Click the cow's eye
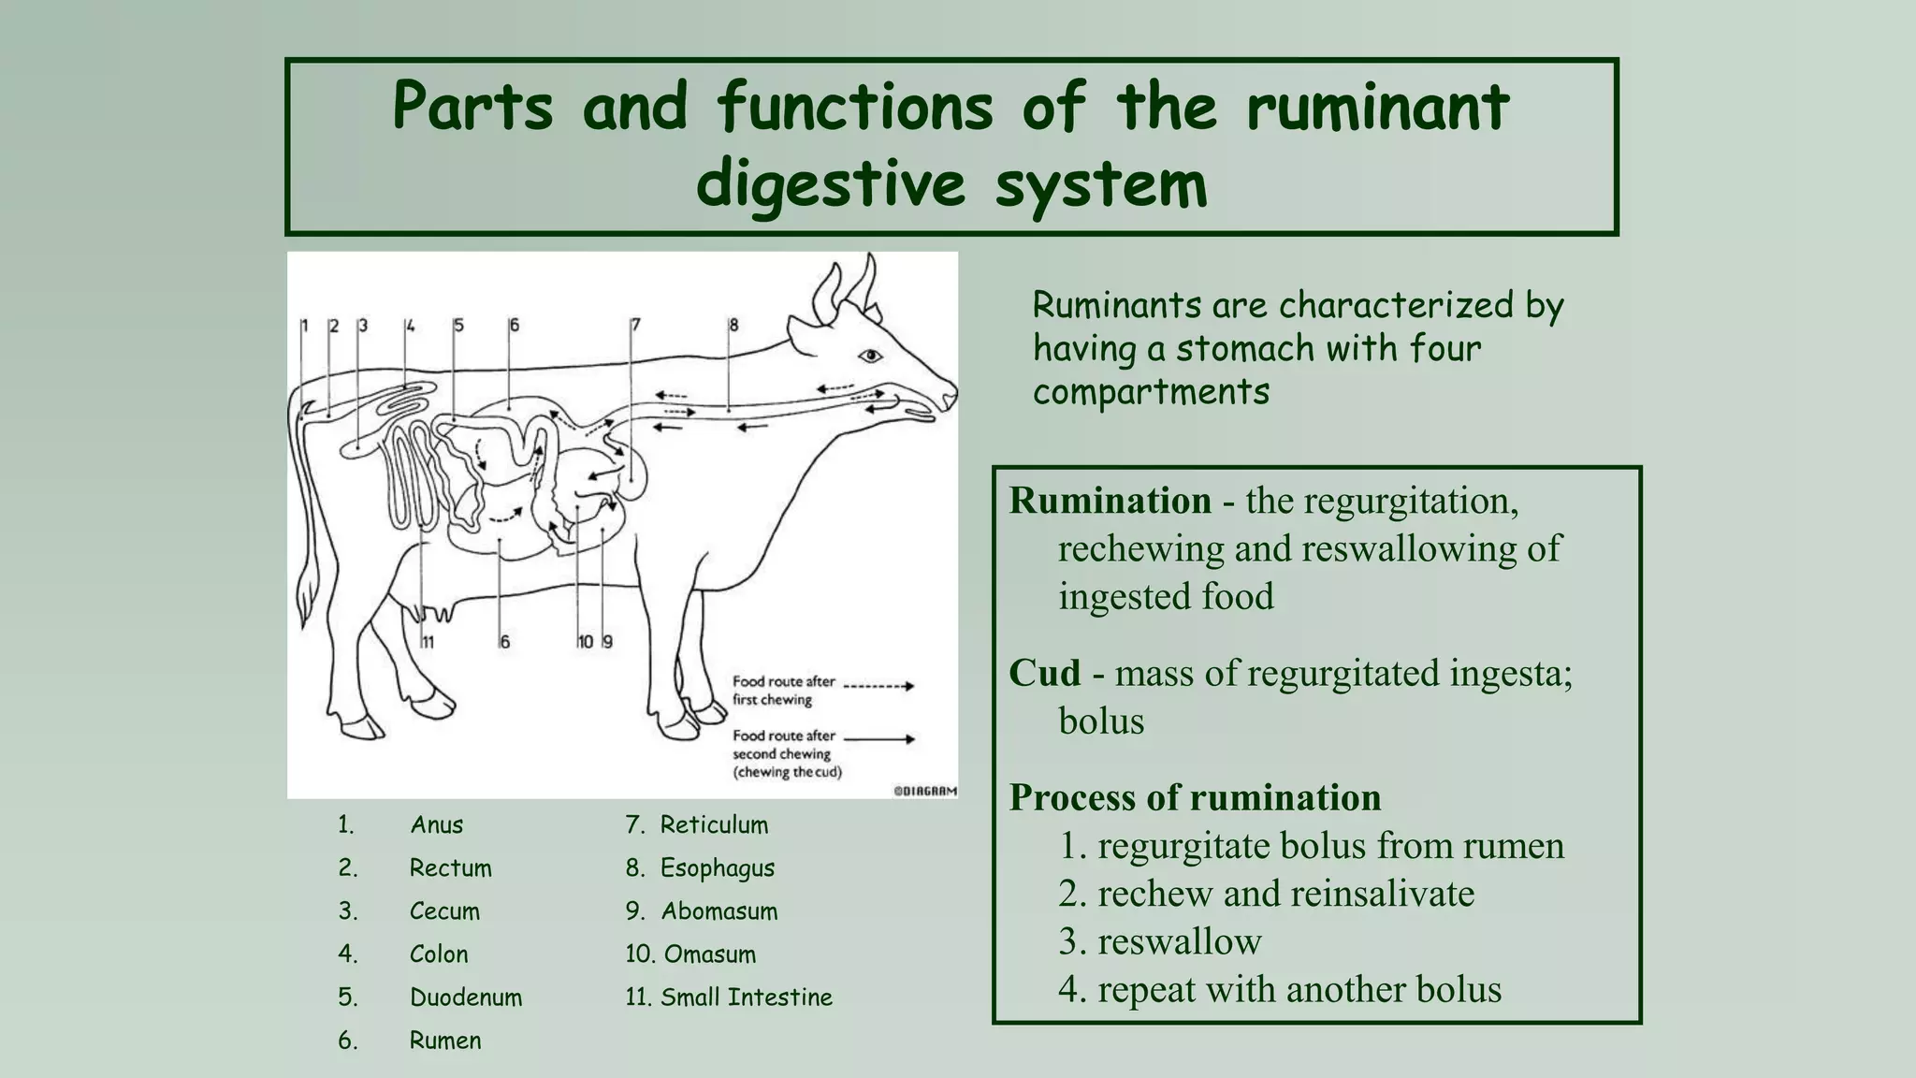pos(870,356)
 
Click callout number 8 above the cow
pos(733,325)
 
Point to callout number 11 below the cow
pos(428,642)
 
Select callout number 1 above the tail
pos(304,326)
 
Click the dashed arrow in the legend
pos(878,686)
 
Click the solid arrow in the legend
pos(878,739)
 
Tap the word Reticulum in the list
pos(714,825)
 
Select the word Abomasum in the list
pos(718,911)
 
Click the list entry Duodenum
pos(466,998)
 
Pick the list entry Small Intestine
pos(746,998)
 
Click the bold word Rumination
pos(1110,502)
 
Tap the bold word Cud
pos(1044,674)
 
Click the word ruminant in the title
pos(1376,107)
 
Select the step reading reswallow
pos(1179,941)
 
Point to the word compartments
pos(1151,392)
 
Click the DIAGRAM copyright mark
pos(925,791)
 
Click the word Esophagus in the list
pos(717,868)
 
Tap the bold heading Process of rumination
pos(1195,798)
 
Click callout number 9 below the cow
pos(607,642)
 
